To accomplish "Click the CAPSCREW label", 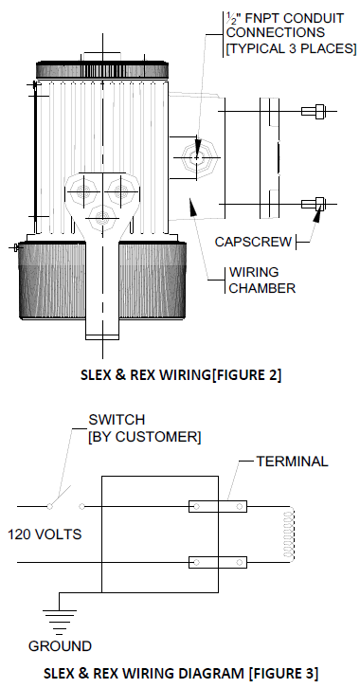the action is pyautogui.click(x=253, y=242).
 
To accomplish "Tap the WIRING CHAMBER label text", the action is pyautogui.click(x=261, y=280).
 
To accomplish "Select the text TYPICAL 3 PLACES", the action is pyautogui.click(x=291, y=48).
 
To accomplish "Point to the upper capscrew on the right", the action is pyautogui.click(x=313, y=111).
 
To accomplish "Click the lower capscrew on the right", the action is pyautogui.click(x=313, y=204).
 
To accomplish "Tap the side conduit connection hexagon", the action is pyautogui.click(x=200, y=157).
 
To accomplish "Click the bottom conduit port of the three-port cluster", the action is pyautogui.click(x=102, y=217).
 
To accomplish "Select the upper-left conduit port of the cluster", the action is pyautogui.click(x=82, y=191).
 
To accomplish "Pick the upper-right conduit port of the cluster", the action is pyautogui.click(x=122, y=191).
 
